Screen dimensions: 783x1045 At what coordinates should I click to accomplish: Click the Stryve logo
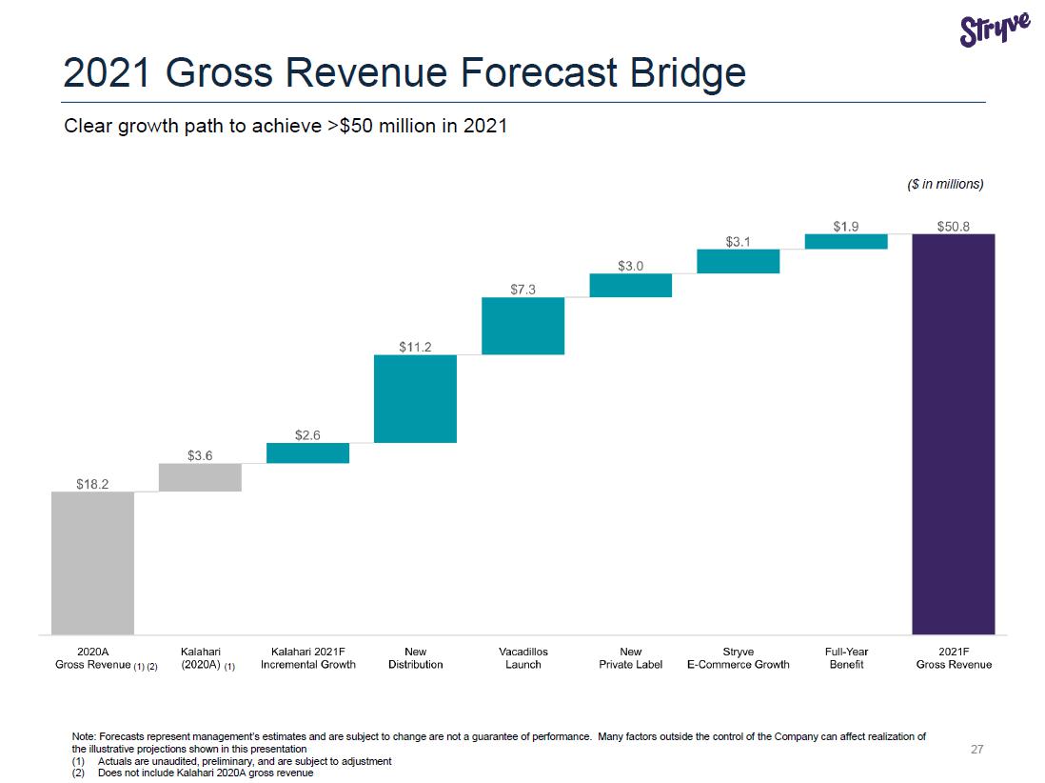pos(995,30)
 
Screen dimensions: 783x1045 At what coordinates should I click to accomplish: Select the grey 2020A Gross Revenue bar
pos(92,562)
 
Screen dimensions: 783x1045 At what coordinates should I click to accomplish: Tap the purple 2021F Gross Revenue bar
pos(953,433)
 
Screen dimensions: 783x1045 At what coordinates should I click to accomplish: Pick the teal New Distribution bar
pos(415,398)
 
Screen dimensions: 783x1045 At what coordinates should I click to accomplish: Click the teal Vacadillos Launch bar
pos(522,326)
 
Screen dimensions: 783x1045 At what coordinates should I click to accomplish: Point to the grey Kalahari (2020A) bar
pos(200,477)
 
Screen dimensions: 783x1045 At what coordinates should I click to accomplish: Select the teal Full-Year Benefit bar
pos(845,241)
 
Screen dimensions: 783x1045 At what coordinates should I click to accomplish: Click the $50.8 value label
pos(953,226)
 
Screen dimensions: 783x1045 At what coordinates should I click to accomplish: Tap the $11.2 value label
pos(415,347)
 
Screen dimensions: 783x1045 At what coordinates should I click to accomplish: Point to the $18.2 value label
pos(92,484)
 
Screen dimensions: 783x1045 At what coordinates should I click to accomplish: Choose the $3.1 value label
pos(738,242)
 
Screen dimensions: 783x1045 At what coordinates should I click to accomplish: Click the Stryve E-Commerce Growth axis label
pos(738,658)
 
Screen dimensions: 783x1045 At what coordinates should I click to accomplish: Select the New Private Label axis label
pos(630,658)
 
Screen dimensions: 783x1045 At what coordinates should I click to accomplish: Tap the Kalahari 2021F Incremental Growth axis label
pos(307,658)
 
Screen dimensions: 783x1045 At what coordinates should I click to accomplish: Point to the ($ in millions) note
pos(944,184)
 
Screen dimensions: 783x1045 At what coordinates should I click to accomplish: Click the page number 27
pos(976,750)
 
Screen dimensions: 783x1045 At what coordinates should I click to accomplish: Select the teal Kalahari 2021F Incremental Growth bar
pos(307,452)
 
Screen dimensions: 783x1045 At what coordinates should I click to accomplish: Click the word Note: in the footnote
pos(85,737)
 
